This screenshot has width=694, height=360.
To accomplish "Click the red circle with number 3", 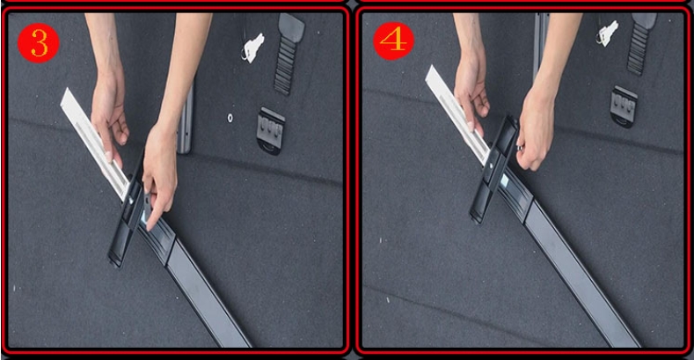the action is [38, 42].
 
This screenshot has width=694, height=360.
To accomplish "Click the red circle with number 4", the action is [393, 40].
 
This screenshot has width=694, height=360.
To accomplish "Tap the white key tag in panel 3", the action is [253, 48].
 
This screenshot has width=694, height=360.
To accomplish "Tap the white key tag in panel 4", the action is [608, 33].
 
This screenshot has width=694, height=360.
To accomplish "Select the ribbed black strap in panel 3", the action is [289, 54].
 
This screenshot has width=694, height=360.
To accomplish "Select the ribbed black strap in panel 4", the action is [640, 43].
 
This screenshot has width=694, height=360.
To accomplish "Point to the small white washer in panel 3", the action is [230, 118].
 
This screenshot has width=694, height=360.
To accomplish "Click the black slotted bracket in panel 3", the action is [270, 130].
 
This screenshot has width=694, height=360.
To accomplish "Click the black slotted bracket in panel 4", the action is [624, 107].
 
